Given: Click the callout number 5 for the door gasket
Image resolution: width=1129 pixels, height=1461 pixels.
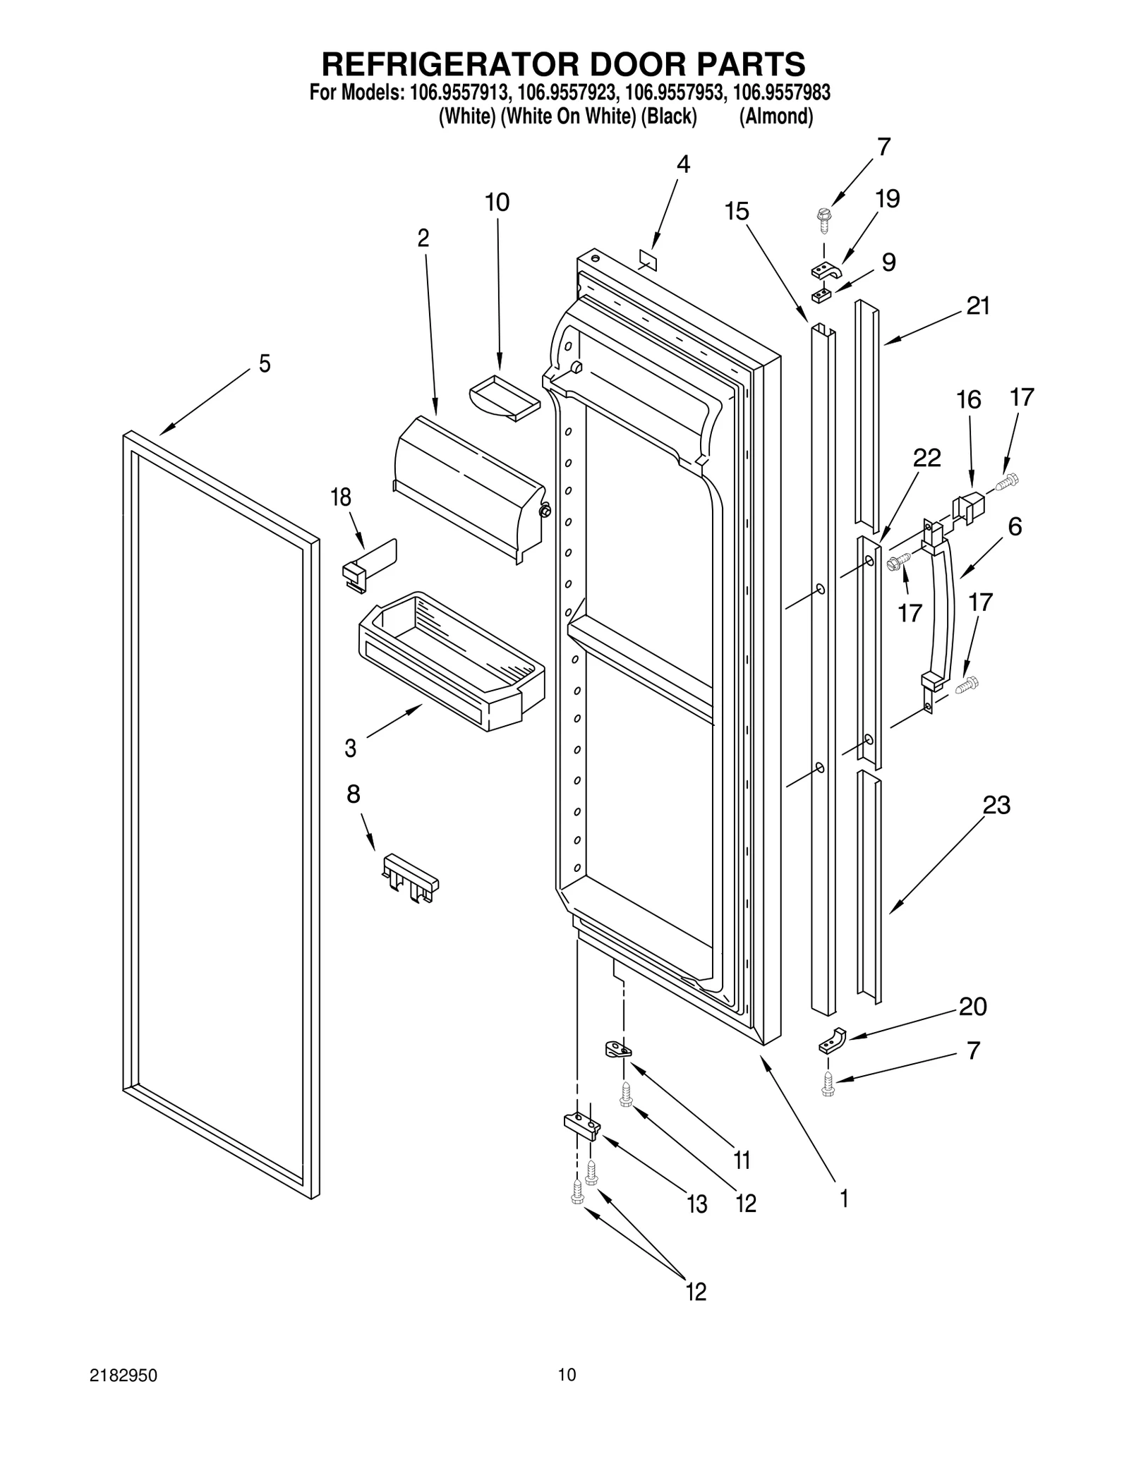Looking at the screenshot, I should tap(264, 365).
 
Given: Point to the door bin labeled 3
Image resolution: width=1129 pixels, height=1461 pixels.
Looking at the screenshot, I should tap(452, 660).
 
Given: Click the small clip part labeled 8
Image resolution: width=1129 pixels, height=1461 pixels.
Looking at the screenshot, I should tap(410, 877).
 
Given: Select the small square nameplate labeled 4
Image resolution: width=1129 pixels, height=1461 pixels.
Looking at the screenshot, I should tap(647, 259).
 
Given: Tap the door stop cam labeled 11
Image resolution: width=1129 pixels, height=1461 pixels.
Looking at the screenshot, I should tap(617, 1050).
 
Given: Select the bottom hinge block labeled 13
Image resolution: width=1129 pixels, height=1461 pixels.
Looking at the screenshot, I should tap(581, 1126).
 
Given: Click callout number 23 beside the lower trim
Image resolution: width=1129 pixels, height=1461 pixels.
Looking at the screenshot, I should tap(996, 805).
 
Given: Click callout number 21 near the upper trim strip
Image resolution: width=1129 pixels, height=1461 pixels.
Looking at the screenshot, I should tap(977, 306).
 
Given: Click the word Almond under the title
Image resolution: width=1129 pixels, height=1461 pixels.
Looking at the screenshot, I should tap(775, 116).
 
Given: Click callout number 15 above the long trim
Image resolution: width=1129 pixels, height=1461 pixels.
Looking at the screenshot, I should tap(737, 212).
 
